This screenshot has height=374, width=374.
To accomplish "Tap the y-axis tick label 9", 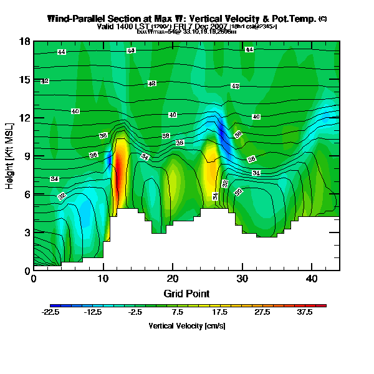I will tap(27, 156).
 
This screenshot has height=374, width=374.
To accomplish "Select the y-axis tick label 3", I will tap(27, 233).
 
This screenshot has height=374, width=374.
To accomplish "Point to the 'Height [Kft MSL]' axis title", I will tap(10, 156).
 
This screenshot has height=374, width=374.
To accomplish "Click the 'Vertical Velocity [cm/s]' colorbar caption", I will tap(186, 326).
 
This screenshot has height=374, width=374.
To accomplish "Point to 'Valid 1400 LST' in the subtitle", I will tap(122, 27).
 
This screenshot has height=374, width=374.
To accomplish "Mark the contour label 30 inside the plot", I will tap(238, 192).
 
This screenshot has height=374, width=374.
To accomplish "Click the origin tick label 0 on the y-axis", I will tap(27, 271).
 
